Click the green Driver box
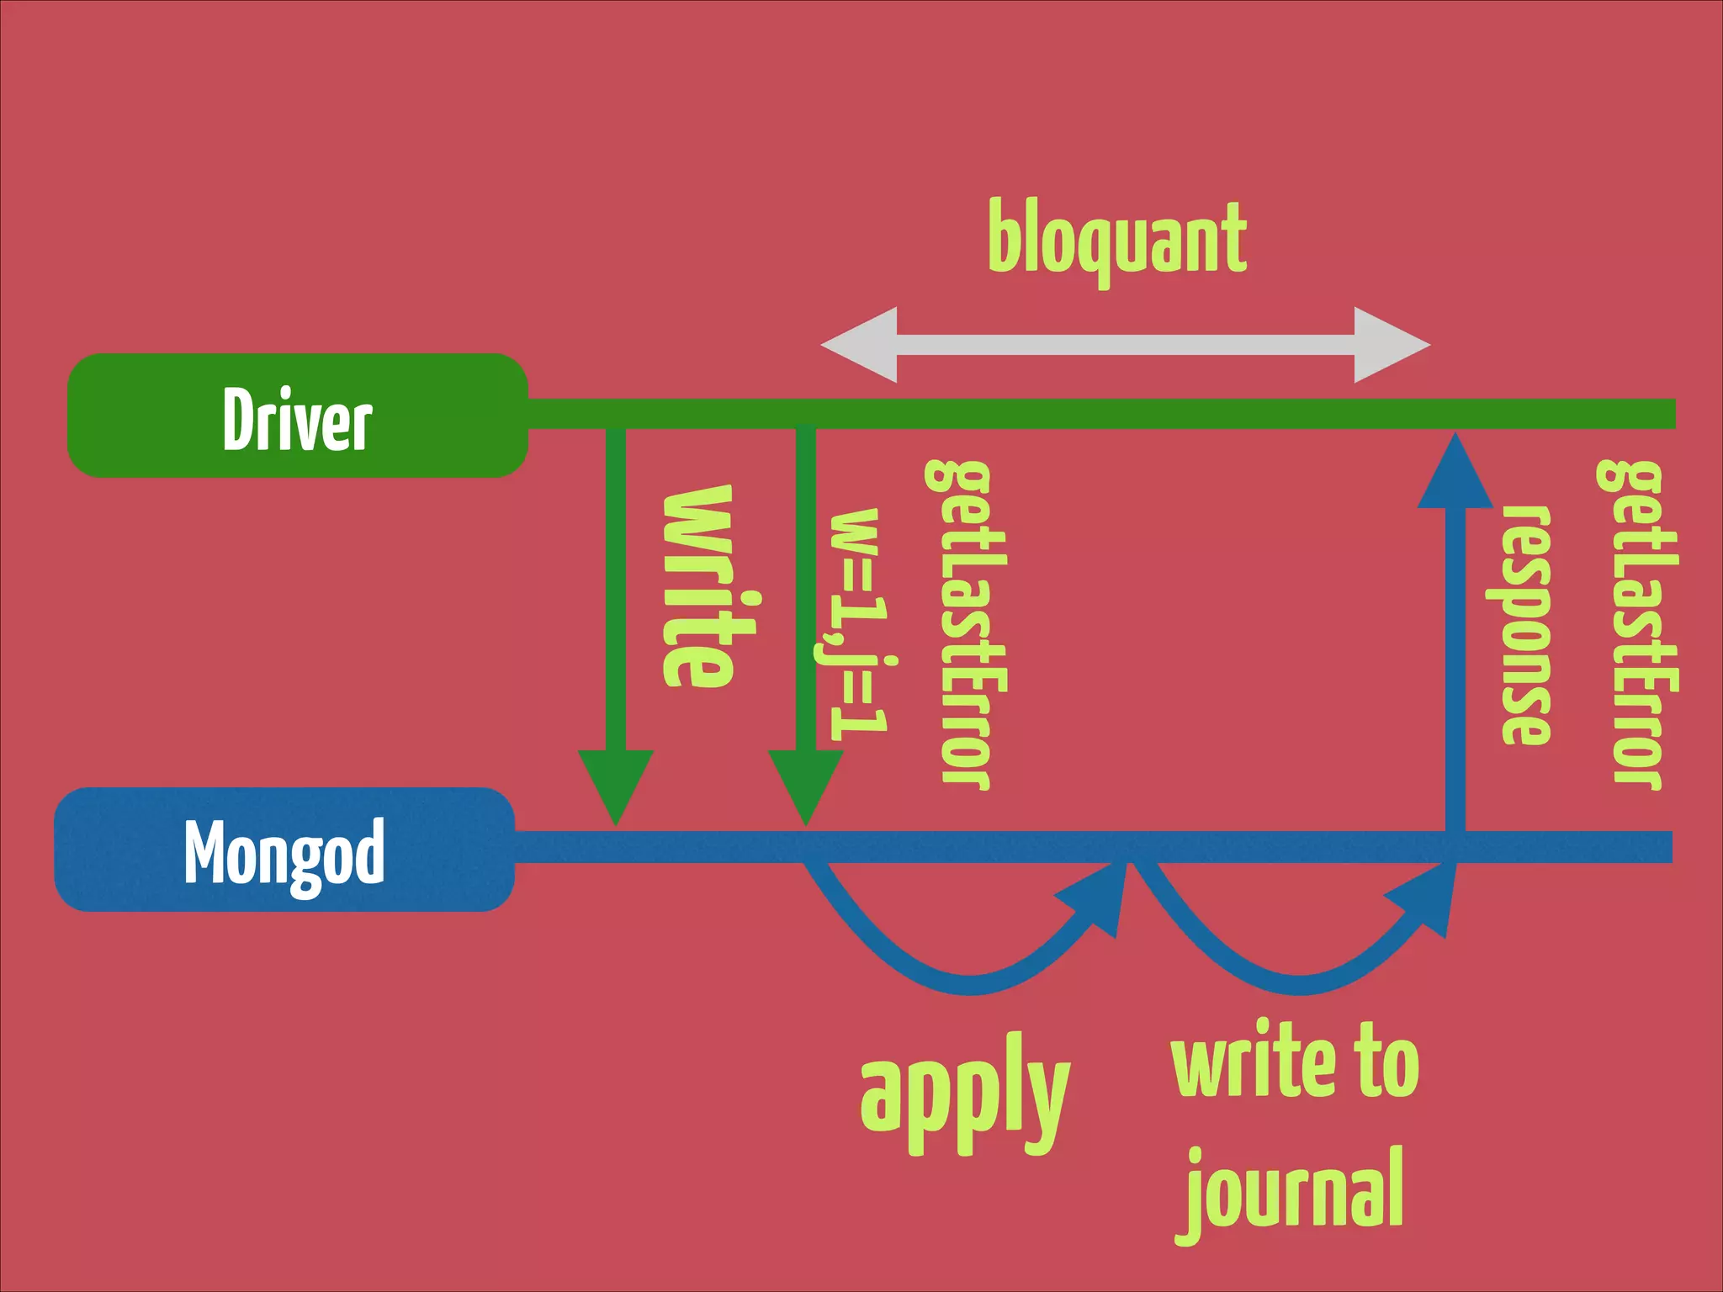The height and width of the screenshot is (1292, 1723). tap(297, 416)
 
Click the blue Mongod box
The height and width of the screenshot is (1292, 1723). tap(284, 850)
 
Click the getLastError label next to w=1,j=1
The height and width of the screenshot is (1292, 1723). tap(966, 624)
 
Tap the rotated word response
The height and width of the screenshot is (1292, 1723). tap(1526, 624)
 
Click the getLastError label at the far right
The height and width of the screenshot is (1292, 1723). tap(1637, 624)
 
